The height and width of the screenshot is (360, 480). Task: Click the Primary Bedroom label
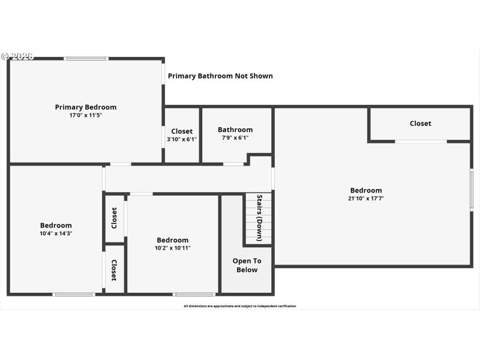(86, 107)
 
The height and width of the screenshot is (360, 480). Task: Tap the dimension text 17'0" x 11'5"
(86, 115)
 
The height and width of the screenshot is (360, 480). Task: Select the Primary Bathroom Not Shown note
(220, 76)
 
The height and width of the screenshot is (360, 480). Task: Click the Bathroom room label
(235, 130)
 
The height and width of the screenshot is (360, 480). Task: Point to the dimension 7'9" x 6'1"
(235, 138)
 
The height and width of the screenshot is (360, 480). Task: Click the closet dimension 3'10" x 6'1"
(182, 139)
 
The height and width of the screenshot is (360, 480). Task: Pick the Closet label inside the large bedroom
(420, 124)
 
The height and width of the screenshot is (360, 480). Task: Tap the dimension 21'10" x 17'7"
(366, 198)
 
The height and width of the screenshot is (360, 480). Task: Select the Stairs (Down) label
(259, 218)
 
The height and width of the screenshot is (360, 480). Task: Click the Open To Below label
(247, 265)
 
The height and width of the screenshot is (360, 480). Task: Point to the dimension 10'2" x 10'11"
(173, 248)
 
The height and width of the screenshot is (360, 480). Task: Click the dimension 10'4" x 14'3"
(56, 233)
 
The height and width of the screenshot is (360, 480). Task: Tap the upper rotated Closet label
(114, 218)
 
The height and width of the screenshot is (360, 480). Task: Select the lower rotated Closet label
(113, 270)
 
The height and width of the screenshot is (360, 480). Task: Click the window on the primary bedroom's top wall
(86, 59)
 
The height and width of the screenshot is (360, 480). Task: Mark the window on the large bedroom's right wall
(472, 190)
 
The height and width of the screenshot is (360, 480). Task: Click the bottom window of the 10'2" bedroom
(194, 294)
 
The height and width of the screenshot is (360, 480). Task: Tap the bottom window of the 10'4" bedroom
(74, 294)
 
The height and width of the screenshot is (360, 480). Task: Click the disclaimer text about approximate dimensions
(239, 306)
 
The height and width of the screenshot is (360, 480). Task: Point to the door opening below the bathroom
(233, 164)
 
